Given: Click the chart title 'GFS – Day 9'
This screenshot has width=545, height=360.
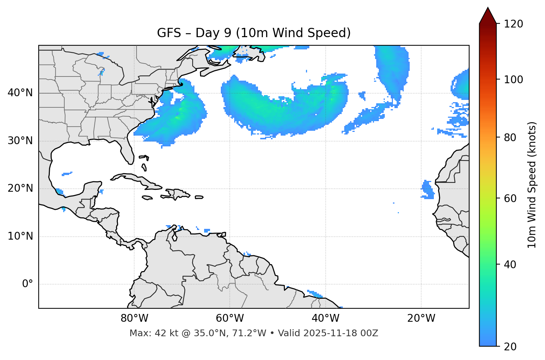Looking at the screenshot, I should (x=254, y=33).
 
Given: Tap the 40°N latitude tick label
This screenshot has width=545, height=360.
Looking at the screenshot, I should (x=20, y=93).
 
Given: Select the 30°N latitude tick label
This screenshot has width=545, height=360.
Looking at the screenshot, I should (x=20, y=141).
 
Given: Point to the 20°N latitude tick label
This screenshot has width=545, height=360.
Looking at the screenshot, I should (x=20, y=188).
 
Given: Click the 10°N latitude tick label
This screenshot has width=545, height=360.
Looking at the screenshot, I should (x=20, y=236).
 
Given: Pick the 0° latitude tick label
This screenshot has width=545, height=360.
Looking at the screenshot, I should (x=28, y=284).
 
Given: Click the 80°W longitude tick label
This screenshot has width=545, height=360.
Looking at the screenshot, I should (x=134, y=318).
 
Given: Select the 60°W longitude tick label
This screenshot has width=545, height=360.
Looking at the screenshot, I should (x=230, y=318).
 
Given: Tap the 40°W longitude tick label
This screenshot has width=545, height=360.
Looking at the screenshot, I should (x=325, y=318).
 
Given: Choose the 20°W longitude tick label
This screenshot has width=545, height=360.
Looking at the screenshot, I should (x=421, y=318).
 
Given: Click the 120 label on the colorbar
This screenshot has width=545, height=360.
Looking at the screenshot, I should (x=513, y=24).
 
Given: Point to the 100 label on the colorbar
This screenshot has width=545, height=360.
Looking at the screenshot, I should (x=513, y=80).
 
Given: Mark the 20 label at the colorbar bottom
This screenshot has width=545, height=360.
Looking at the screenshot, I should (x=510, y=347).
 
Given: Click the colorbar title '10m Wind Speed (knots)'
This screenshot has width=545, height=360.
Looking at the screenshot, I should (x=532, y=185).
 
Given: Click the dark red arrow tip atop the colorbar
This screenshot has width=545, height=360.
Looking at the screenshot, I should (x=488, y=14).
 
